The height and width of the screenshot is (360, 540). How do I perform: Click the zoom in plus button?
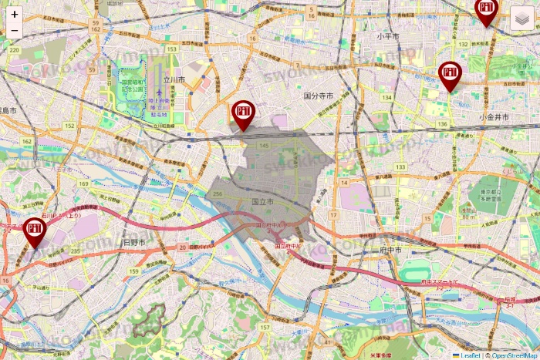click(14, 14)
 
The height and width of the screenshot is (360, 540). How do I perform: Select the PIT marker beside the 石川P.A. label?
click(34, 230)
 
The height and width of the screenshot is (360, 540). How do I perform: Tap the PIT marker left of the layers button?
click(485, 11)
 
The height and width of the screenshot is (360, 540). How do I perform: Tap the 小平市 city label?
click(387, 36)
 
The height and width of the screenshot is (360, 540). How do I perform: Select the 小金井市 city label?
click(494, 116)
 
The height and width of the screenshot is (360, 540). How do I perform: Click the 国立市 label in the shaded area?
click(263, 202)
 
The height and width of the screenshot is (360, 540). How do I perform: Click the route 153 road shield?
click(172, 49)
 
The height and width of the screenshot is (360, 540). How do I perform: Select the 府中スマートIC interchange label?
click(440, 283)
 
